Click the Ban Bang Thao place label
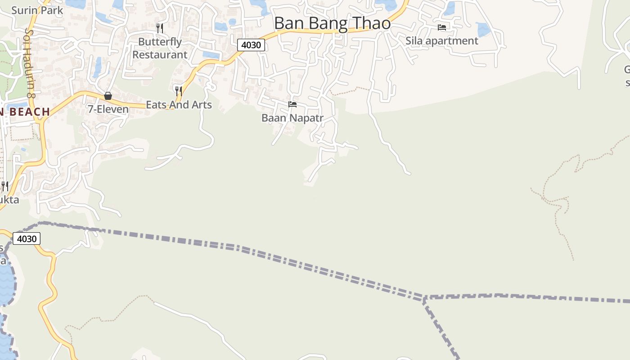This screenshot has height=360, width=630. tap(332, 23)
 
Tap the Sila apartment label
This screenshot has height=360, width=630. tap(441, 40)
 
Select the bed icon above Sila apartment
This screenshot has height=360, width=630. tap(442, 27)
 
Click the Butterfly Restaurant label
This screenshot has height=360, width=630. tap(160, 48)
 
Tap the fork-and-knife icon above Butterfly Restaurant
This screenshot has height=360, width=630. tap(160, 28)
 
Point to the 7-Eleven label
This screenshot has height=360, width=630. tap(108, 109)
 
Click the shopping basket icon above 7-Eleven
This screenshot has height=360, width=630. tap(108, 96)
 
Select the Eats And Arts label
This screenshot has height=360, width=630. tap(179, 105)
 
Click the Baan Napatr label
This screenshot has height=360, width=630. tap(292, 118)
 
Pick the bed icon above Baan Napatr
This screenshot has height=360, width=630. tap(292, 105)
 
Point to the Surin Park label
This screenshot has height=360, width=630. tap(37, 10)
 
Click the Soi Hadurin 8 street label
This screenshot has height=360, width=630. tap(30, 63)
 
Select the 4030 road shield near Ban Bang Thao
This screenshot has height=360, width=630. tap(251, 45)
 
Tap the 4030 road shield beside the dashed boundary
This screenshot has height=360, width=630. tap(27, 238)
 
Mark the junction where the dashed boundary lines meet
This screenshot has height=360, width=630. tap(424, 298)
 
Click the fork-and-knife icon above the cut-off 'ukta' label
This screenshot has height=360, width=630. tap(5, 186)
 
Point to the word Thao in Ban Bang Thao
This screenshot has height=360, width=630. tap(372, 23)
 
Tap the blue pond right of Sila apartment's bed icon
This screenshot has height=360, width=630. tap(482, 30)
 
